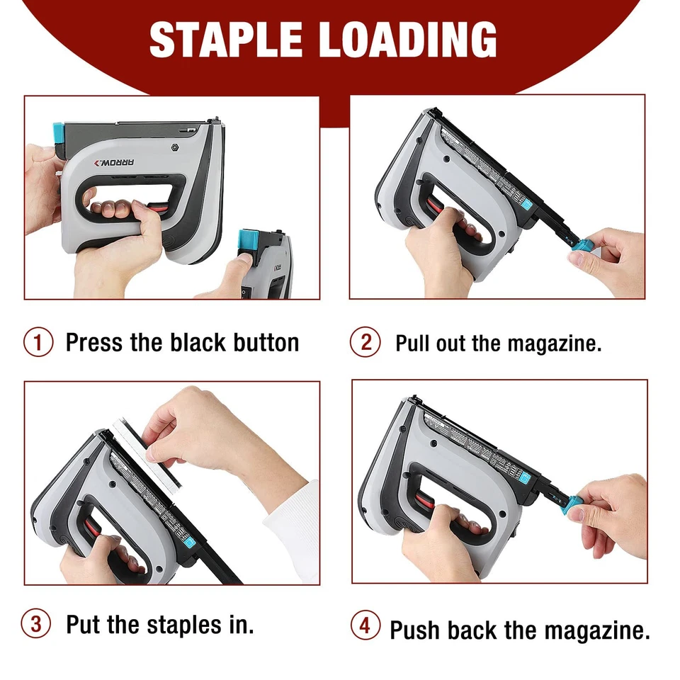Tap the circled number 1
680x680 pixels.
click(x=38, y=343)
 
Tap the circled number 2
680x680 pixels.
click(x=365, y=343)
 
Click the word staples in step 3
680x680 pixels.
click(x=189, y=625)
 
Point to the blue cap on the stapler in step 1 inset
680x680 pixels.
click(x=249, y=241)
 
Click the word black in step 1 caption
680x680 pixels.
click(x=195, y=343)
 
